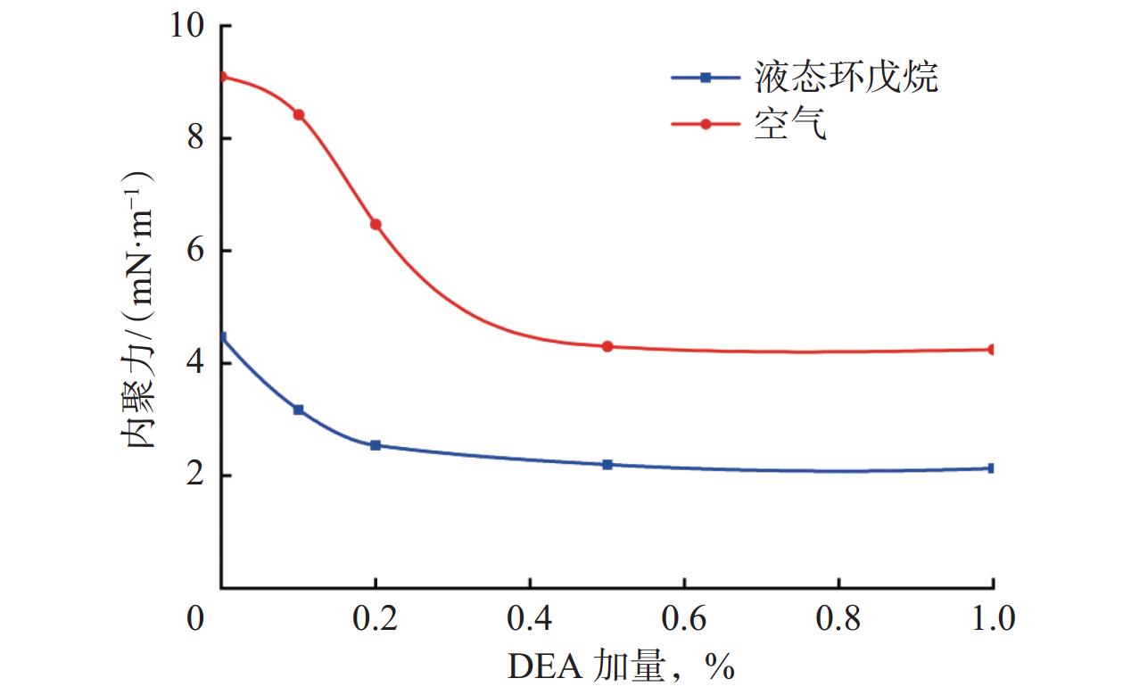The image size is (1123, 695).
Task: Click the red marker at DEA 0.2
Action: pyautogui.click(x=376, y=224)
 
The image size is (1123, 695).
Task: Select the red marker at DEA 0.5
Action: pyautogui.click(x=607, y=346)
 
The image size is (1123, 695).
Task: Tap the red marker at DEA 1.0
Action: pyautogui.click(x=991, y=350)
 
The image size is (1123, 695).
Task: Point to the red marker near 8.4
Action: pyautogui.click(x=299, y=114)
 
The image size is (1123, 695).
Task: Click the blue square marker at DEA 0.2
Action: pyautogui.click(x=376, y=444)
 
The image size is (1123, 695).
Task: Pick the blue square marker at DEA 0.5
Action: pyautogui.click(x=607, y=464)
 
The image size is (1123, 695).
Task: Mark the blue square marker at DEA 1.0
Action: pyautogui.click(x=991, y=467)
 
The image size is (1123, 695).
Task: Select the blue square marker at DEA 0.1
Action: pyautogui.click(x=299, y=410)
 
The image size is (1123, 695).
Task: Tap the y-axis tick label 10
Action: pyautogui.click(x=189, y=27)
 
